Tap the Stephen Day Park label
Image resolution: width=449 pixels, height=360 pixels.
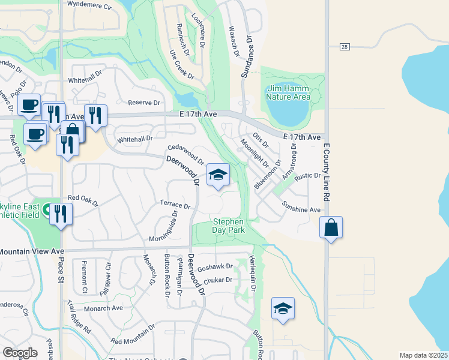(x=229, y=226)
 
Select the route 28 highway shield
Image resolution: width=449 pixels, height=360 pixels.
(x=343, y=46)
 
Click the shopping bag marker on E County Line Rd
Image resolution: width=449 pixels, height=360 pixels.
(x=331, y=227)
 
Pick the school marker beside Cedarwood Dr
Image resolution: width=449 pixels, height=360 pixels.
(x=218, y=175)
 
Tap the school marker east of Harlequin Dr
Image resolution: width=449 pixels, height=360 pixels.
(x=283, y=308)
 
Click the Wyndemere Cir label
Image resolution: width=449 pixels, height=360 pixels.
(x=90, y=6)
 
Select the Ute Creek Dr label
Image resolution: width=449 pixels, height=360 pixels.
(x=182, y=65)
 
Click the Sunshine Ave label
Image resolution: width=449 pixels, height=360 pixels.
(x=303, y=207)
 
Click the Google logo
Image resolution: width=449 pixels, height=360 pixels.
(x=20, y=353)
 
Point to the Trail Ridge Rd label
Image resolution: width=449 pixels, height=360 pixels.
(x=79, y=322)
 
